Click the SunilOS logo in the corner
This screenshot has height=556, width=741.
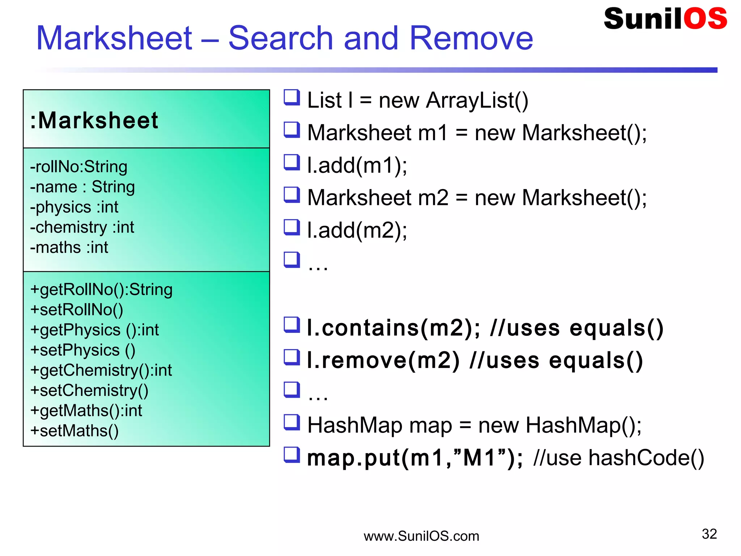coord(665,19)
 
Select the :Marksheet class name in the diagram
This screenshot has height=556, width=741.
coord(94,120)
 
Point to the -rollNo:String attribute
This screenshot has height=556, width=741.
coord(79,167)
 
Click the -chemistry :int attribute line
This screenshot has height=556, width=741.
coord(82,227)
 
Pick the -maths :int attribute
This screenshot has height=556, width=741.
coord(69,248)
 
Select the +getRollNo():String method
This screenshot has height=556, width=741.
coord(101,290)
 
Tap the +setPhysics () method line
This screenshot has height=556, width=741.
coord(83,350)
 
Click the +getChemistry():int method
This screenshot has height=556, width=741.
coord(101,371)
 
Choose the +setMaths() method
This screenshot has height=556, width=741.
coord(75,431)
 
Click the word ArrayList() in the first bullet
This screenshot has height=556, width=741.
coord(477,100)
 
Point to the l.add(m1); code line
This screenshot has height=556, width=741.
coord(357,166)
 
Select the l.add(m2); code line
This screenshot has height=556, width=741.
coord(357,231)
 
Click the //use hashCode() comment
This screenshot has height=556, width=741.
coord(619,458)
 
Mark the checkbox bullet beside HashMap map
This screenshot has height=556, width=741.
coord(292,422)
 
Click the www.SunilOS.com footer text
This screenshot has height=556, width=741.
coord(421,536)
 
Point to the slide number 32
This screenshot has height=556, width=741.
coord(709,534)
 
